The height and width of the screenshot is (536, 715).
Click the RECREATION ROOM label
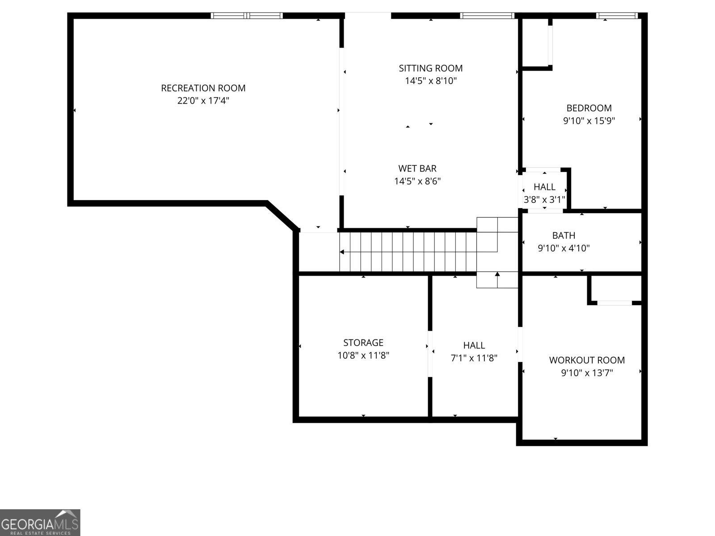(x=203, y=88)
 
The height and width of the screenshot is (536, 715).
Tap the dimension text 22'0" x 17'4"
(x=203, y=100)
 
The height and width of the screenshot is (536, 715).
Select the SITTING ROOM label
(x=430, y=68)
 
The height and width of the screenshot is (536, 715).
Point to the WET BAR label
(x=417, y=168)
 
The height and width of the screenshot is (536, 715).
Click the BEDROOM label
(x=589, y=108)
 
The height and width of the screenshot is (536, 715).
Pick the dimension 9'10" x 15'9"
(x=589, y=121)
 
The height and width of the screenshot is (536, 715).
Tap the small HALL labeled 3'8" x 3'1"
(x=544, y=187)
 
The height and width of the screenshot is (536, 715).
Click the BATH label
(x=564, y=235)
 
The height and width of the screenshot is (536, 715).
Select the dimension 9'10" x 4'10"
(x=564, y=248)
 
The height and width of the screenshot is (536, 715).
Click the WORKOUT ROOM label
(x=587, y=360)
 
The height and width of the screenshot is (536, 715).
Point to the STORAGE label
(x=363, y=343)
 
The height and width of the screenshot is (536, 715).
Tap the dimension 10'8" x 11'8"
(x=363, y=356)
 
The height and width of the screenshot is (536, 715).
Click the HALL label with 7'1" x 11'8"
(x=474, y=345)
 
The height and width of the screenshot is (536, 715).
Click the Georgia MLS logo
(x=40, y=522)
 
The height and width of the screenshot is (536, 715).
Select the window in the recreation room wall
(x=247, y=16)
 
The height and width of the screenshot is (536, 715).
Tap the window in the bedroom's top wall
(x=616, y=16)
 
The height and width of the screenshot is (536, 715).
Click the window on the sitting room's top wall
(x=487, y=16)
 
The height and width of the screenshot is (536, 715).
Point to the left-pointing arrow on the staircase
(x=342, y=252)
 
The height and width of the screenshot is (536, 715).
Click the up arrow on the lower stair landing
(x=497, y=274)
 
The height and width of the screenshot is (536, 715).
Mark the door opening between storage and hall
(x=430, y=354)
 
